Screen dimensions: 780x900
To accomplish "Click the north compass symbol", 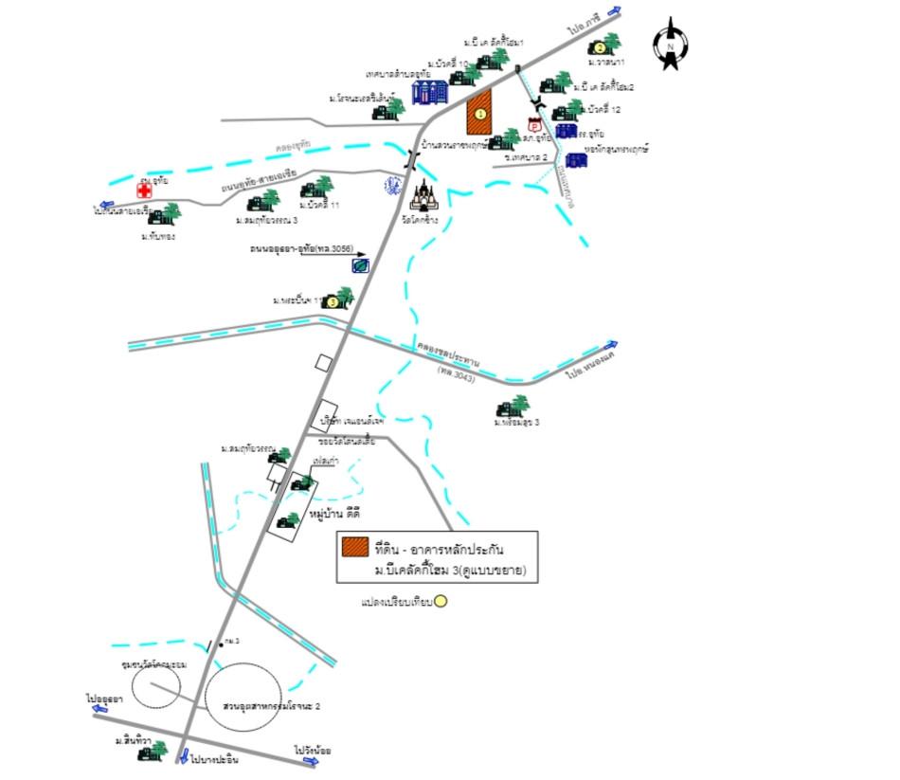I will [x=671, y=44].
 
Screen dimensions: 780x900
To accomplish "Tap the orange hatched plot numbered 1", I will [x=480, y=113].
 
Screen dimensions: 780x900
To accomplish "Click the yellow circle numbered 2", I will [x=599, y=48].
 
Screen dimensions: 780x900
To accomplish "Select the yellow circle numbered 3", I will [x=332, y=302].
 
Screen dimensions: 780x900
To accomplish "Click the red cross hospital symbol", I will [x=144, y=190].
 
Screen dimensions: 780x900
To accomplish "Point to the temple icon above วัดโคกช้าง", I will [x=423, y=196].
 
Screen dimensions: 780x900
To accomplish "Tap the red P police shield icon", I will [x=534, y=126].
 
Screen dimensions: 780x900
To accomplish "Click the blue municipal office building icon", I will [x=429, y=92].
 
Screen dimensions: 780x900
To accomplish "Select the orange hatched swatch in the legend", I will [x=356, y=547].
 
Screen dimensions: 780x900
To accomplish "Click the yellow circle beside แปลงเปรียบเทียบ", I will [x=441, y=601].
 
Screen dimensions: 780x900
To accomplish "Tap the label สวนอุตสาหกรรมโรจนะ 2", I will [x=259, y=707].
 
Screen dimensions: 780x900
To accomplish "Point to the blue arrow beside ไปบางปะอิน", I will [x=182, y=756].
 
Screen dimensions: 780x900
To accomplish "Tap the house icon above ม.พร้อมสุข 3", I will [x=513, y=408].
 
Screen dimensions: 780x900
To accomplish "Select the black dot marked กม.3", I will [x=221, y=644].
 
